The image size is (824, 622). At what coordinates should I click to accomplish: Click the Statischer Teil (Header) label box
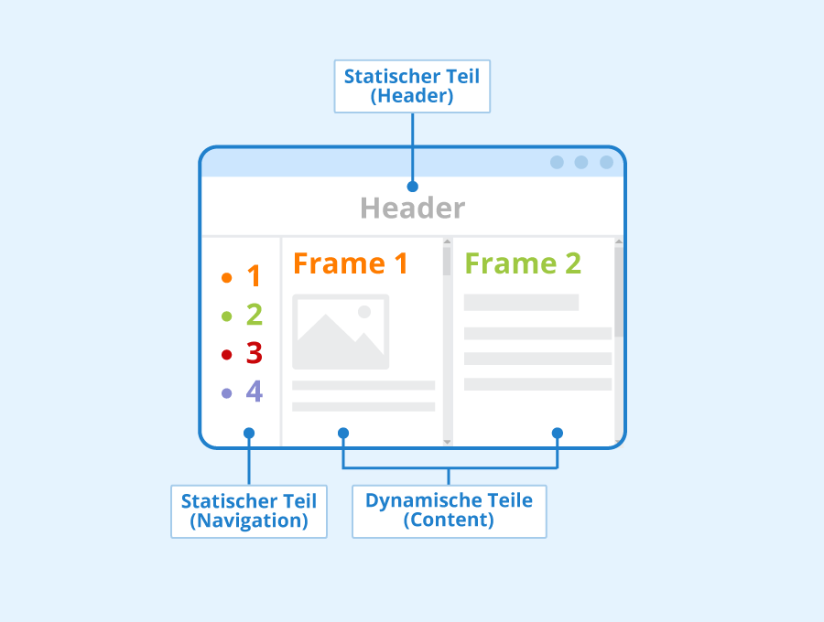tap(412, 86)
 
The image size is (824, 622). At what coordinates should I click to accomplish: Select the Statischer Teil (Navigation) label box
tap(249, 511)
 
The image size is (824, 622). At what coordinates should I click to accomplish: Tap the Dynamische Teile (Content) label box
tap(450, 511)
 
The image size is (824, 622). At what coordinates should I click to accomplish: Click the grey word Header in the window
tap(413, 208)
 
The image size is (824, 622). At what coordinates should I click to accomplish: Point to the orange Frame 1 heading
tap(351, 263)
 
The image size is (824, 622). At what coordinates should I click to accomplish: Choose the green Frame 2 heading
tap(523, 263)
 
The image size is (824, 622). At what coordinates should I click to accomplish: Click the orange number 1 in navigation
tap(255, 276)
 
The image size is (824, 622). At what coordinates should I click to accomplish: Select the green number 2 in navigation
tap(255, 315)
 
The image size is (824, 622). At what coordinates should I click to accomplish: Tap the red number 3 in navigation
tap(255, 353)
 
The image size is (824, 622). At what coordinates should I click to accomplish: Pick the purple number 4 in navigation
tap(255, 391)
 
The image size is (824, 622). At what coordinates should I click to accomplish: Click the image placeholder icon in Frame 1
tap(341, 332)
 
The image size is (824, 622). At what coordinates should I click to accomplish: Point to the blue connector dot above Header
tap(413, 187)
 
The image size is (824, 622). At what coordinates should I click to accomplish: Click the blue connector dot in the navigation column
tap(249, 433)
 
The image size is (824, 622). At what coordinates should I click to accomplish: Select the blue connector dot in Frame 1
tap(343, 433)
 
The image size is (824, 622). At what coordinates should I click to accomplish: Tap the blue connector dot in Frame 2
tap(558, 433)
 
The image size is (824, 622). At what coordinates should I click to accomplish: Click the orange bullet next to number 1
tap(226, 278)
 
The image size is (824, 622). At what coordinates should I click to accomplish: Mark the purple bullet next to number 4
tap(226, 393)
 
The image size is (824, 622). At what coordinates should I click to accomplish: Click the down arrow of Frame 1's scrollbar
tap(447, 442)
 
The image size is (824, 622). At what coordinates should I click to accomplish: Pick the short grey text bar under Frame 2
tap(521, 303)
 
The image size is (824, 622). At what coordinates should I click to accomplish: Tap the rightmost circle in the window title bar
tap(606, 162)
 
